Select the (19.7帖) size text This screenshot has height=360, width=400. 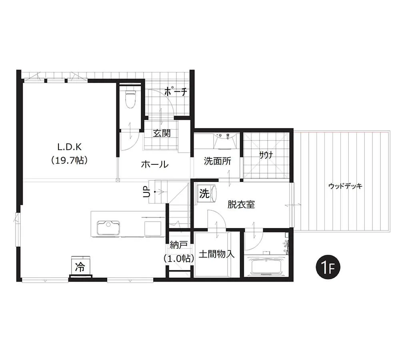tap(69, 160)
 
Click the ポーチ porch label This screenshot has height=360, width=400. tap(176, 92)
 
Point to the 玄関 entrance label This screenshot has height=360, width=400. tap(162, 133)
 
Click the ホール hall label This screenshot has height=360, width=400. tap(155, 164)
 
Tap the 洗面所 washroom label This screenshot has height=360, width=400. tap(217, 161)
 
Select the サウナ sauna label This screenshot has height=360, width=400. tap(266, 155)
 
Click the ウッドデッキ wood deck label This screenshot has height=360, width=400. tap(345, 186)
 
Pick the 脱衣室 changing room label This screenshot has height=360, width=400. tap(241, 204)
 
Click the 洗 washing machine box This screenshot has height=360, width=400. tap(204, 193)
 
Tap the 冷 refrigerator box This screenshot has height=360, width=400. tap(80, 267)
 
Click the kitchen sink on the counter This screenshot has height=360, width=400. tap(108, 228)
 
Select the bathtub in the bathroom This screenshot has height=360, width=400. tap(266, 267)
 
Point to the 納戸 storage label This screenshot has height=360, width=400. tap(179, 245)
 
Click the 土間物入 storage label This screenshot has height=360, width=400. tap(216, 254)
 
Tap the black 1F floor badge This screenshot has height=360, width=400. tap(328, 268)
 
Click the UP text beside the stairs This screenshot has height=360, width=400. tap(147, 192)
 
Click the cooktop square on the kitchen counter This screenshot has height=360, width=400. tap(153, 228)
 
